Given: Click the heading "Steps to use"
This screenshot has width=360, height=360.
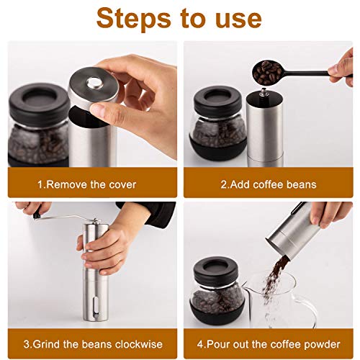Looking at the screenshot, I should [179, 19].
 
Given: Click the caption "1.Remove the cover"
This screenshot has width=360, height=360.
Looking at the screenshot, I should [86, 185].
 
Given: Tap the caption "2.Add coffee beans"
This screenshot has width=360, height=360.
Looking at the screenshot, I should [268, 185].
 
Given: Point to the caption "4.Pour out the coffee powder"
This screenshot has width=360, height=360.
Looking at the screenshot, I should [268, 343].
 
